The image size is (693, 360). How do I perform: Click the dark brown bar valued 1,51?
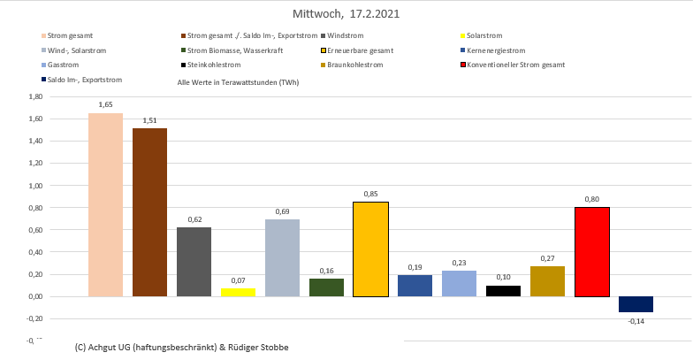click(x=149, y=212)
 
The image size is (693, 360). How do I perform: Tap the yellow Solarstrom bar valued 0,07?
click(x=238, y=292)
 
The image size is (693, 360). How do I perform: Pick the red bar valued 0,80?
click(x=592, y=252)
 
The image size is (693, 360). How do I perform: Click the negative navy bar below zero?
click(x=636, y=304)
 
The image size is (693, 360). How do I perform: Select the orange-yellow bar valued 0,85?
click(x=370, y=249)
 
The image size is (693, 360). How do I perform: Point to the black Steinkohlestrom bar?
click(x=504, y=291)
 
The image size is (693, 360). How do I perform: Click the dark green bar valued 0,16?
click(x=326, y=287)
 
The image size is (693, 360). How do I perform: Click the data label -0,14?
click(x=636, y=321)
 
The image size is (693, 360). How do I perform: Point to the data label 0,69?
click(x=282, y=211)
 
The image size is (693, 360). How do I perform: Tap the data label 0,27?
click(x=548, y=257)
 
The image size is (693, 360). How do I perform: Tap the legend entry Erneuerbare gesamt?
click(x=362, y=50)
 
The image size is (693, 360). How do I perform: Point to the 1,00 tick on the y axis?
click(x=34, y=186)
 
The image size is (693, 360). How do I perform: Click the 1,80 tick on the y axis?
click(x=34, y=97)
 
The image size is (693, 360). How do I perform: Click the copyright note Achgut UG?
click(x=182, y=348)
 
